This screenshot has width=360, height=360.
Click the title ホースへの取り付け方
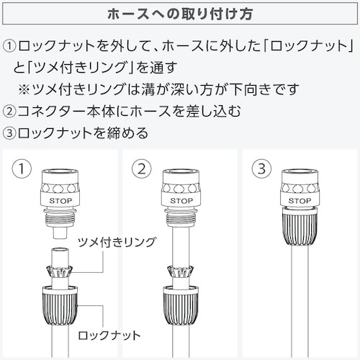click(180, 14)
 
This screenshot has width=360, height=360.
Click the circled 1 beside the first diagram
click(22, 168)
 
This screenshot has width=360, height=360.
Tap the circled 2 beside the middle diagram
click(142, 168)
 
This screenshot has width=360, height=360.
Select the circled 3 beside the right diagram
click(261, 168)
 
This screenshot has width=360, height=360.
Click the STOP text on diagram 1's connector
click(60, 201)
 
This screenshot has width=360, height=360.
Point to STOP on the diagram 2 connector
click(181, 201)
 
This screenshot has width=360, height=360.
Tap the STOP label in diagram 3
click(300, 201)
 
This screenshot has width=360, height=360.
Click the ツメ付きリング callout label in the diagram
click(117, 243)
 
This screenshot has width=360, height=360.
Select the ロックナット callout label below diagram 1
click(109, 336)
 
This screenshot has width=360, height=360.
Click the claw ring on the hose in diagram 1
click(60, 272)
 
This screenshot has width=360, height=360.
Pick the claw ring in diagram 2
click(181, 272)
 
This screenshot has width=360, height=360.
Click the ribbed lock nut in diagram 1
click(60, 305)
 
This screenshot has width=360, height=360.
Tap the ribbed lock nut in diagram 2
click(181, 305)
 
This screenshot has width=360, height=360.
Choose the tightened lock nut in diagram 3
click(300, 226)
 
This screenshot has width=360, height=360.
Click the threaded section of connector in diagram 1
click(60, 218)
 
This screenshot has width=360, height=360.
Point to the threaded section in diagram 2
click(181, 218)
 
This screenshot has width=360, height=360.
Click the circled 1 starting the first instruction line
click(9, 46)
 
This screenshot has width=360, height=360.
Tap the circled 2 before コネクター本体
click(9, 111)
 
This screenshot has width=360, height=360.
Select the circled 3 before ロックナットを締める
click(9, 132)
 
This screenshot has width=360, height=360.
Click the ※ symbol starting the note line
click(24, 89)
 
